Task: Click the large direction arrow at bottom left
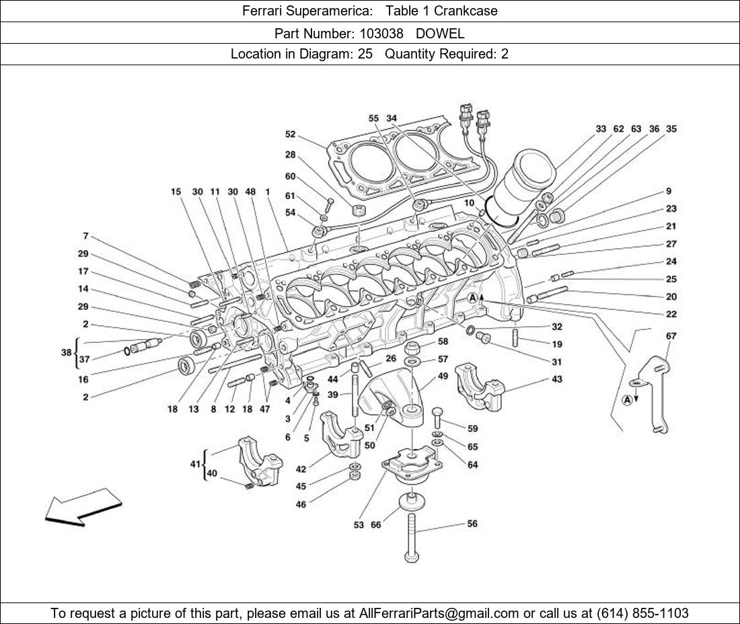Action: (82, 506)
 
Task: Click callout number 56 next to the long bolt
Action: (472, 523)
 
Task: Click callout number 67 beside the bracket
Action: (671, 336)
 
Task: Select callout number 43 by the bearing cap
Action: (556, 379)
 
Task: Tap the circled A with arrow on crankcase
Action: (474, 298)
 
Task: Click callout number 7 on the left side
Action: (85, 236)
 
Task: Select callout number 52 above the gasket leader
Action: (290, 134)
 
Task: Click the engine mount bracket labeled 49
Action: (394, 397)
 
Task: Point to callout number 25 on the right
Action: (671, 279)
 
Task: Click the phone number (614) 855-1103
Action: (642, 613)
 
